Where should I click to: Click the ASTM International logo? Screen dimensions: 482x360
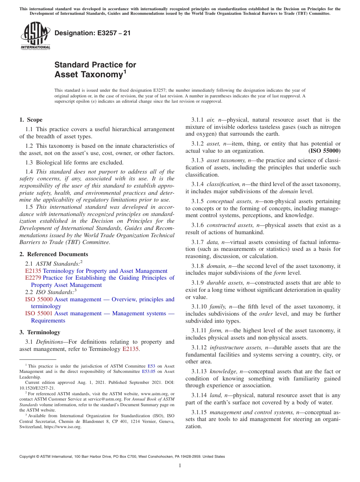coord(35,36)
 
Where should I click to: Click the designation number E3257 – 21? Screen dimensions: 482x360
coord(92,33)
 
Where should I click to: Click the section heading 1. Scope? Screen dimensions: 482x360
coord(31,120)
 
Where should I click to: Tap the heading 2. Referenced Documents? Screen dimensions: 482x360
coord(54,254)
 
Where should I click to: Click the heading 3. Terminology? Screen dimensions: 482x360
coord(40,332)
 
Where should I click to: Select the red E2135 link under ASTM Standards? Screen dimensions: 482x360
coord(33,271)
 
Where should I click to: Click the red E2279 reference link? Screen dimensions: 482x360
coord(33,278)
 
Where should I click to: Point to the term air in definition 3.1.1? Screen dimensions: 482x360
coord(211,120)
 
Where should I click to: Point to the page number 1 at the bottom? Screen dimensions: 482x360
coord(180,465)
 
